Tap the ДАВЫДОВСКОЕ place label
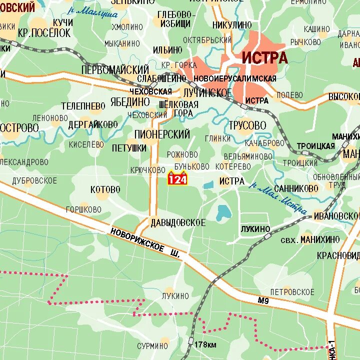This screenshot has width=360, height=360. (x=177, y=223)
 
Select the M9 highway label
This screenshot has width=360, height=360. (x=263, y=300)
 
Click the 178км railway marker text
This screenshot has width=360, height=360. (x=205, y=344)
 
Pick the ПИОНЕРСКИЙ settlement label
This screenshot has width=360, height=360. (x=162, y=134)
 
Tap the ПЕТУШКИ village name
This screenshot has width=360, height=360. (x=129, y=148)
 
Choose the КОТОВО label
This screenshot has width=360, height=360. (x=105, y=189)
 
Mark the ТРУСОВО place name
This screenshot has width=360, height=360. (x=247, y=125)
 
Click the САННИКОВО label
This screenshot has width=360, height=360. (x=296, y=188)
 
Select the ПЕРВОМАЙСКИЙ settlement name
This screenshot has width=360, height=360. (x=115, y=69)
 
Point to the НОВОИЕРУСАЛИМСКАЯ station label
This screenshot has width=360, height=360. (x=234, y=78)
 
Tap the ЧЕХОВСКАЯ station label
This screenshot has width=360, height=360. (x=150, y=91)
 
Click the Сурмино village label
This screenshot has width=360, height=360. (x=152, y=345)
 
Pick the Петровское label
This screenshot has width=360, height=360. (x=292, y=291)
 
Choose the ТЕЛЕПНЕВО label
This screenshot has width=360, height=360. (x=83, y=106)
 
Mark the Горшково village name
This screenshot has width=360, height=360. (x=83, y=209)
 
